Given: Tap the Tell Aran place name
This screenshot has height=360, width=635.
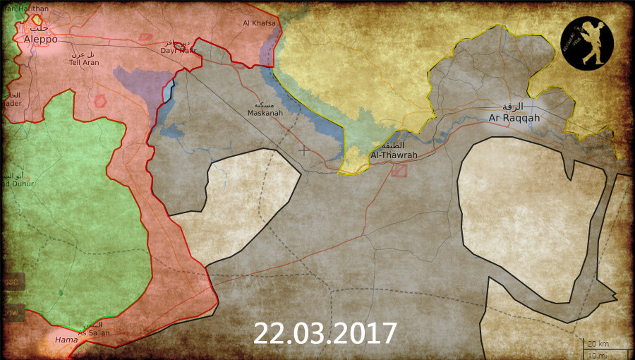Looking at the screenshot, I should coord(83,61).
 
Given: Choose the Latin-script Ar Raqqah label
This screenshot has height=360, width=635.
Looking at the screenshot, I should coord(514,117).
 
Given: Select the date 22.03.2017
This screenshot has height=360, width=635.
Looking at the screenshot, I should coord(325,333).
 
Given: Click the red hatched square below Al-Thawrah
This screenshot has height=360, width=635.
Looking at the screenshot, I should coord(399,170).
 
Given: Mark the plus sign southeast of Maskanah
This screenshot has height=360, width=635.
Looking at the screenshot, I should coord(303,150).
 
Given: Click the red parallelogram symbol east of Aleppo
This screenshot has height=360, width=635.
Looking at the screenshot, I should coord(145,37).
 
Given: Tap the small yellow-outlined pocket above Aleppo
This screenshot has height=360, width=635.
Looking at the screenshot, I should coord(36,20).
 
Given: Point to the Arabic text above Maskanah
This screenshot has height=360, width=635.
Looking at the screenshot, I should coord(266,104).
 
